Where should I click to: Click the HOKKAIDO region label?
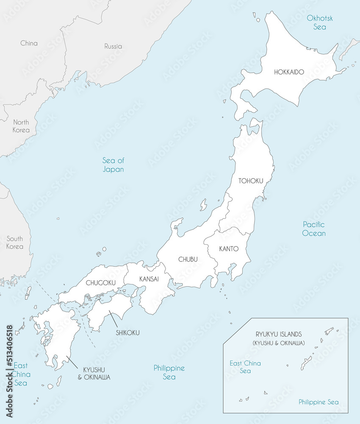coord(289,72)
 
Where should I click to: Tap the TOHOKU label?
coord(251,181)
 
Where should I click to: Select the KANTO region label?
coord(229,249)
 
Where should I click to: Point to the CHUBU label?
coord(188,259)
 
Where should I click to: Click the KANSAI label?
coord(149,279)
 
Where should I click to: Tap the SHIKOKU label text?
coord(127,333)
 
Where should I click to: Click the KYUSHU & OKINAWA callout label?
coord(97,373)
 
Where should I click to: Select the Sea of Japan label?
coord(113,165)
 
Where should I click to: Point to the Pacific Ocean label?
coord(314,229)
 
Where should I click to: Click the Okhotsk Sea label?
coord(320,22)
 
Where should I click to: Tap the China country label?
coord(29,43)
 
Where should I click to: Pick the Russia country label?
coord(113,46)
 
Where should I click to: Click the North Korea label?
coord(21,126)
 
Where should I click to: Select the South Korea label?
coord(15,243)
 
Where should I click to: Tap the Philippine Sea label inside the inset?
coord(318,402)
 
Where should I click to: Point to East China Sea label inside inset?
coord(245,367)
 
